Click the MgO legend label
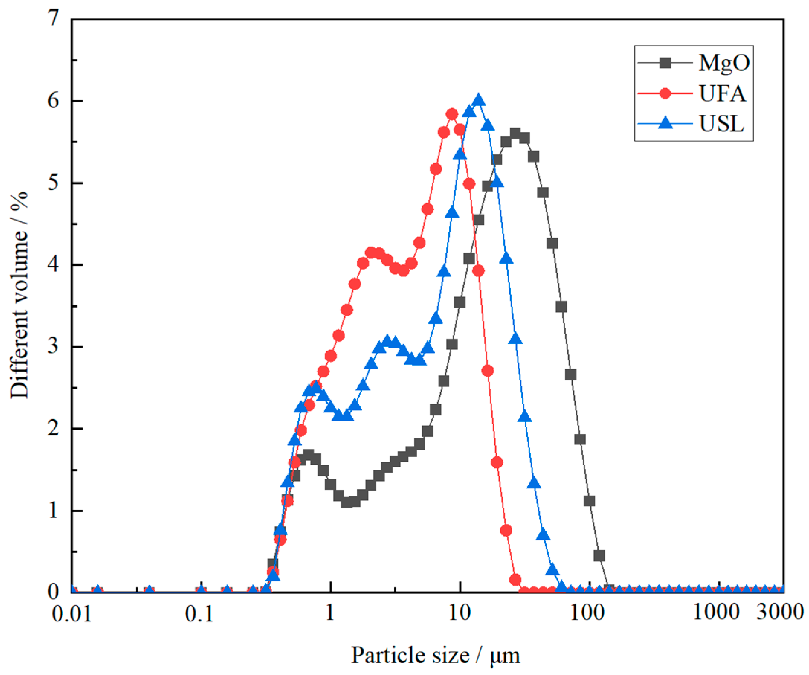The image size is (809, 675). tap(724, 62)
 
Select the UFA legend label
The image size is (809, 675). tap(722, 94)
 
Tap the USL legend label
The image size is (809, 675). tap(721, 124)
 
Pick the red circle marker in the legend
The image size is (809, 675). tap(665, 93)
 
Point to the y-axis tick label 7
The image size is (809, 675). tap(54, 18)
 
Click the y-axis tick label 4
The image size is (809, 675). tap(54, 265)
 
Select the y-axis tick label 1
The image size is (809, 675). tap(54, 511)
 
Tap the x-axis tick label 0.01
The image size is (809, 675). tap(72, 613)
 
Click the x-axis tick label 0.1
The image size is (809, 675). tap(199, 613)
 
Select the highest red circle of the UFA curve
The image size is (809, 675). tap(452, 114)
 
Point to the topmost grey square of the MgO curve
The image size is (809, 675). tap(515, 134)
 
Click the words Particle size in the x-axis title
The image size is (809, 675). tap(410, 655)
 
